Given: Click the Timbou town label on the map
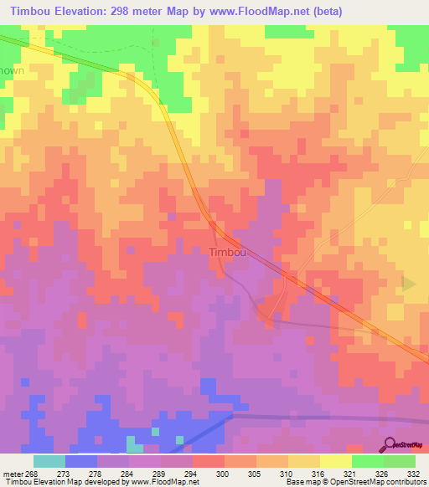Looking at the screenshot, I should (x=227, y=252).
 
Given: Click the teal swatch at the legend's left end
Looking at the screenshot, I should (x=49, y=461).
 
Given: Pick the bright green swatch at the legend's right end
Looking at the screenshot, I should (x=399, y=461).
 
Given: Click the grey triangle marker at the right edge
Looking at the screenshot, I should (x=409, y=284).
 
